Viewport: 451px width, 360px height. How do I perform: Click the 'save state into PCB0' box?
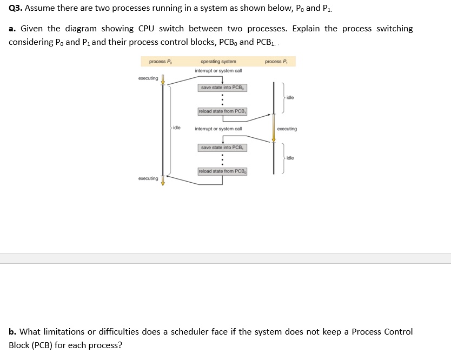[222, 88]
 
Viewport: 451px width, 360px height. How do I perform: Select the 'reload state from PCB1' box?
[222, 111]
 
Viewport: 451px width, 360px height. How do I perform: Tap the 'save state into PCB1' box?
[222, 148]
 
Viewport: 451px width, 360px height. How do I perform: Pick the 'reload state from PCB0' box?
[222, 172]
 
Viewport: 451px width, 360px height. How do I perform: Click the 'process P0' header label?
[160, 62]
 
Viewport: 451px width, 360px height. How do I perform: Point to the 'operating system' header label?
[218, 62]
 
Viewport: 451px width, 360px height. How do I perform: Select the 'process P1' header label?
[276, 62]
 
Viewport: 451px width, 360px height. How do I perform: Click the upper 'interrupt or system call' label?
[218, 71]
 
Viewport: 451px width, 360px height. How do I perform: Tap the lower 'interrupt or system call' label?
[218, 129]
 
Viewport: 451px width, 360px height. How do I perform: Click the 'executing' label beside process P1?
[287, 129]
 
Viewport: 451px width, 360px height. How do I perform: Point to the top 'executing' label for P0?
[148, 78]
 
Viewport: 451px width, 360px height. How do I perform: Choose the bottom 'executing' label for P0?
[148, 178]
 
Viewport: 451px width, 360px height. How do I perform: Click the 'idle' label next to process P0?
[177, 128]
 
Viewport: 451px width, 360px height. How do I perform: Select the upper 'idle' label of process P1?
[290, 97]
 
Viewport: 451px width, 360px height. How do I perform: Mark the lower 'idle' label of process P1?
[290, 158]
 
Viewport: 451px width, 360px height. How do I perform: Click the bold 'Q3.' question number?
[16, 8]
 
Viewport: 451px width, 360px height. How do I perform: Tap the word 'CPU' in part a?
[146, 29]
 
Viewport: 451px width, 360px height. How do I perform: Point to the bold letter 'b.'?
[12, 332]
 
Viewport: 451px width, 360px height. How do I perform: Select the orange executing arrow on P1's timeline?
[274, 128]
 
